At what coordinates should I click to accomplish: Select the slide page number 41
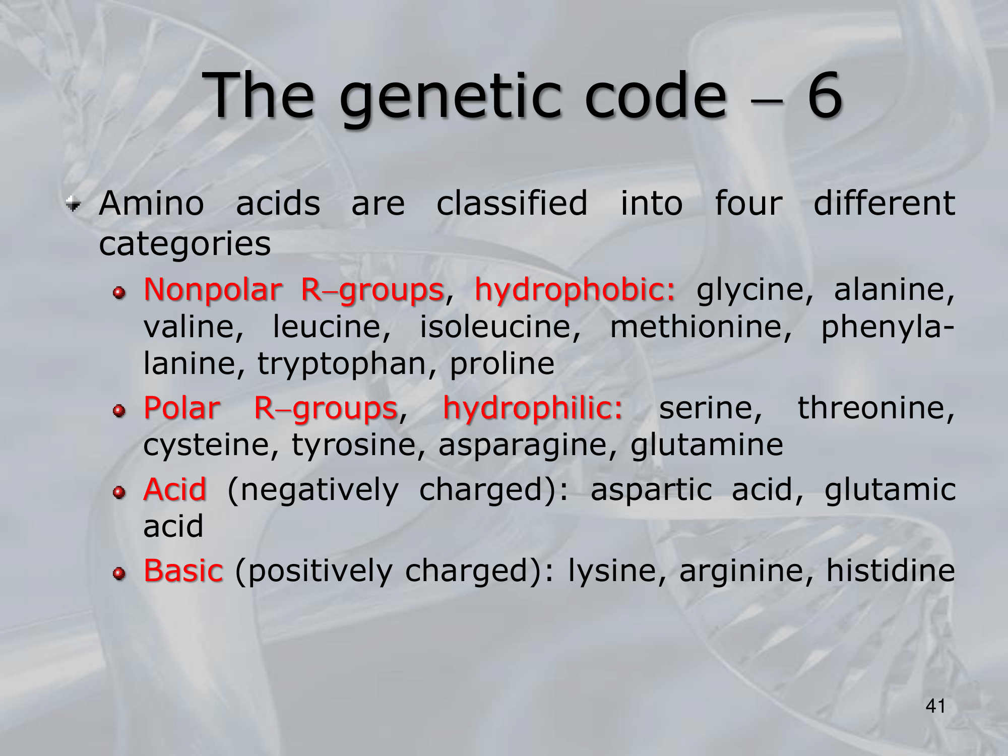pyautogui.click(x=935, y=706)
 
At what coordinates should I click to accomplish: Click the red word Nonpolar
pyautogui.click(x=213, y=290)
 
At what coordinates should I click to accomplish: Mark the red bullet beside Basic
pyautogui.click(x=119, y=573)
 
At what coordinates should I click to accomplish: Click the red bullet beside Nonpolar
pyautogui.click(x=119, y=293)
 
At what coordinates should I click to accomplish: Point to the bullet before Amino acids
pyautogui.click(x=74, y=204)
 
